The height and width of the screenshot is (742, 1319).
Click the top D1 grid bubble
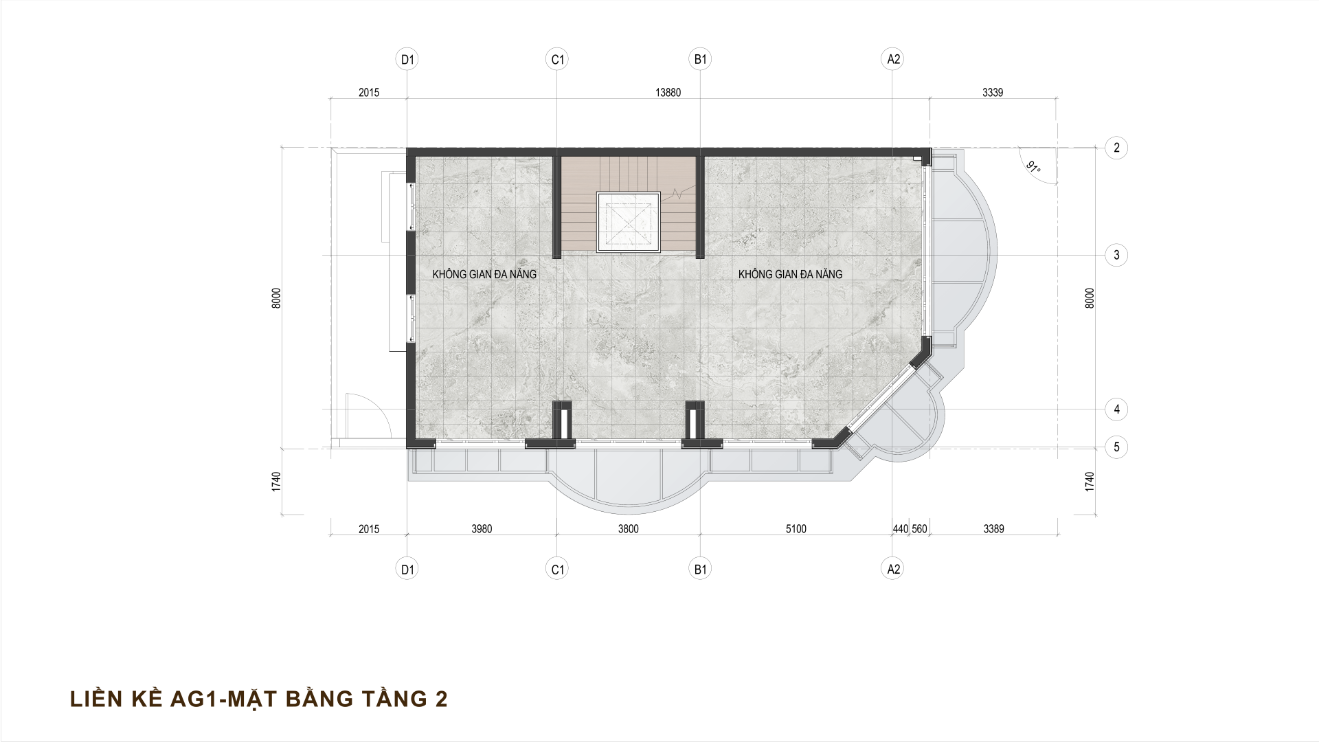point(408,60)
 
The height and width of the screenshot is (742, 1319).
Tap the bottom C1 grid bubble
point(557,569)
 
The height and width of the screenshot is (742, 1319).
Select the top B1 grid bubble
point(700,60)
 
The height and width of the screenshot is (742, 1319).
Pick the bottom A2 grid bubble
point(892,569)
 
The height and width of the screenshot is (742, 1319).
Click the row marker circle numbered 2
point(1116,148)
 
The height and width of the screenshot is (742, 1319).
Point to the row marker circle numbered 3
point(1116,256)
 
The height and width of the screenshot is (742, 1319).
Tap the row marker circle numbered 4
point(1116,409)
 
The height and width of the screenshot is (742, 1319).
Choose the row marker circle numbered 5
point(1116,447)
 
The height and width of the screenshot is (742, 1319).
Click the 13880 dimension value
point(668,93)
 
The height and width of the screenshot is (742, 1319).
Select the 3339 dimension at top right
point(993,93)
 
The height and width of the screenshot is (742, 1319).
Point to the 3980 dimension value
point(482,529)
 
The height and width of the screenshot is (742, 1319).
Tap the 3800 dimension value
point(628,529)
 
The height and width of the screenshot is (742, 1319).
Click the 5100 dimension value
point(796,529)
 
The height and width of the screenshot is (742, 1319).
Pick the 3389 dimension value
point(993,529)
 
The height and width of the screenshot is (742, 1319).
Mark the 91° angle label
point(1032,167)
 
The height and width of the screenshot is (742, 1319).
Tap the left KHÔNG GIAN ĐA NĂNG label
point(484,274)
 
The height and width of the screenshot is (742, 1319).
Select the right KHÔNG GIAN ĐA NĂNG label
point(790,274)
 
